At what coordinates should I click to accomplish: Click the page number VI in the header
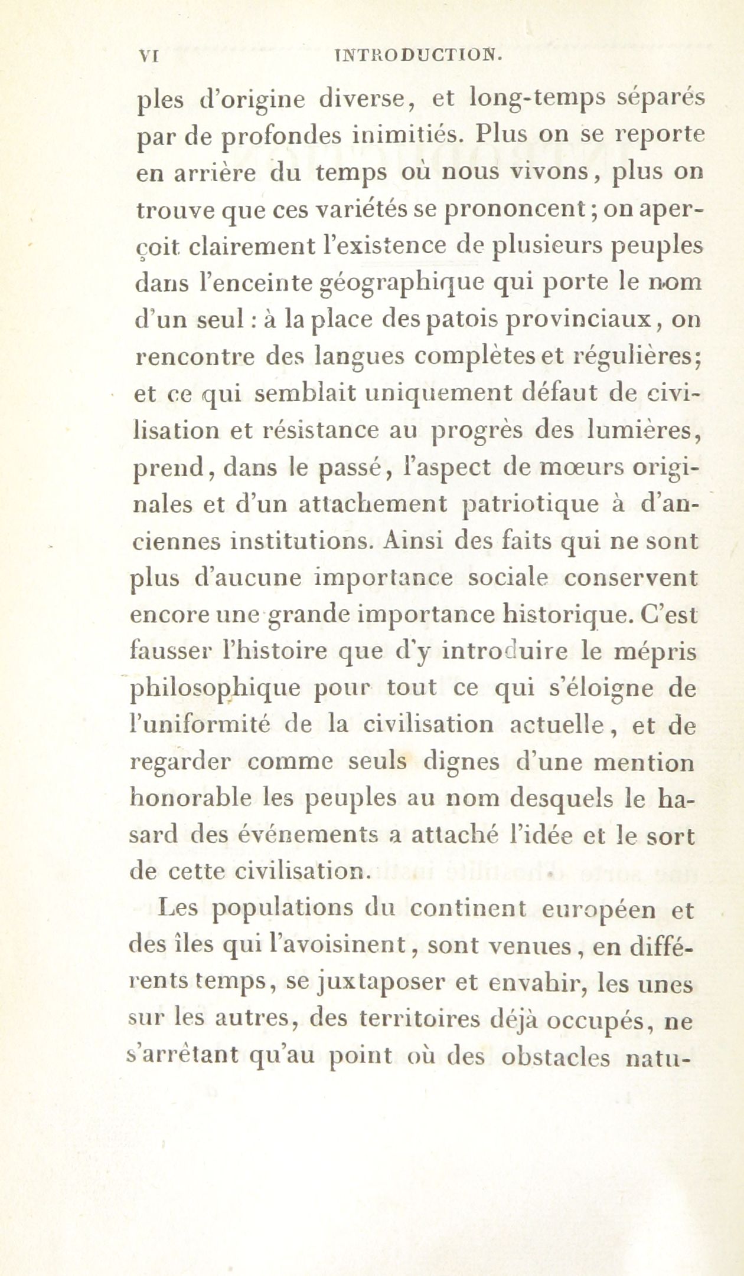pyautogui.click(x=145, y=56)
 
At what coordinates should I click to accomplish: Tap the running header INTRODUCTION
pyautogui.click(x=418, y=56)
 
